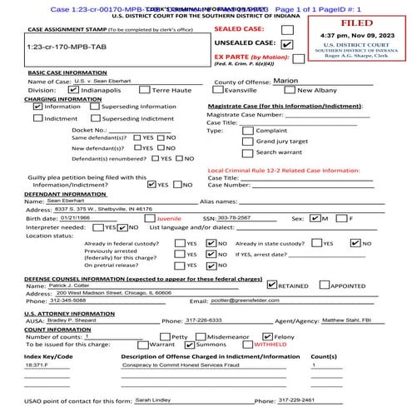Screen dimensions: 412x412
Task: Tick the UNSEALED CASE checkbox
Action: point(287,44)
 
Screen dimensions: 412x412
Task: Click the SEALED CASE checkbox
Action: point(288,27)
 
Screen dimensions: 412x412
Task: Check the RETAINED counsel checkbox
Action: point(273,284)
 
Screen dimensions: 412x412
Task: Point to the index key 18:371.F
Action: point(37,365)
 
